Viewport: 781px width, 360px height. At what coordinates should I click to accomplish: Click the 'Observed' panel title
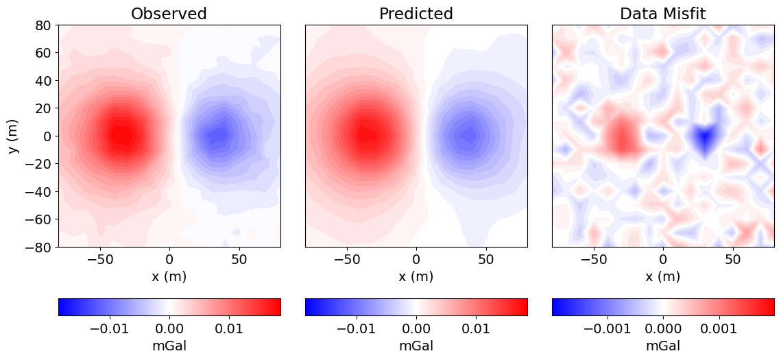coord(169,14)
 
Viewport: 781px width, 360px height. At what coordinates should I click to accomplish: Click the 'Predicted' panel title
coord(416,14)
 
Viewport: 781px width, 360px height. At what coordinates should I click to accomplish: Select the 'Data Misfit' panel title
coord(663,14)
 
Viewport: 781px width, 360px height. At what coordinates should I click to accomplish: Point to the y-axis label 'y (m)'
coord(15,136)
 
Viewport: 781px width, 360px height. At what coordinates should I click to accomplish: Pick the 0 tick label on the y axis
coord(47,136)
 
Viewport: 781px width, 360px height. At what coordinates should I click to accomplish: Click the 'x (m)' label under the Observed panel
coord(169,276)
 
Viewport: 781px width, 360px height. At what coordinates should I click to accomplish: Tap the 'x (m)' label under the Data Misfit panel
coord(663,276)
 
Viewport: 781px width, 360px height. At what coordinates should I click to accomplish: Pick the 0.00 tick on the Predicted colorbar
coord(416,329)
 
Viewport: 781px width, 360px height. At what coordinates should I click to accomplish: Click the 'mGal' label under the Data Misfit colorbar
coord(663,346)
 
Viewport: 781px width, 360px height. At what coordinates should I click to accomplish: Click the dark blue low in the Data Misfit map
coord(704,137)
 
